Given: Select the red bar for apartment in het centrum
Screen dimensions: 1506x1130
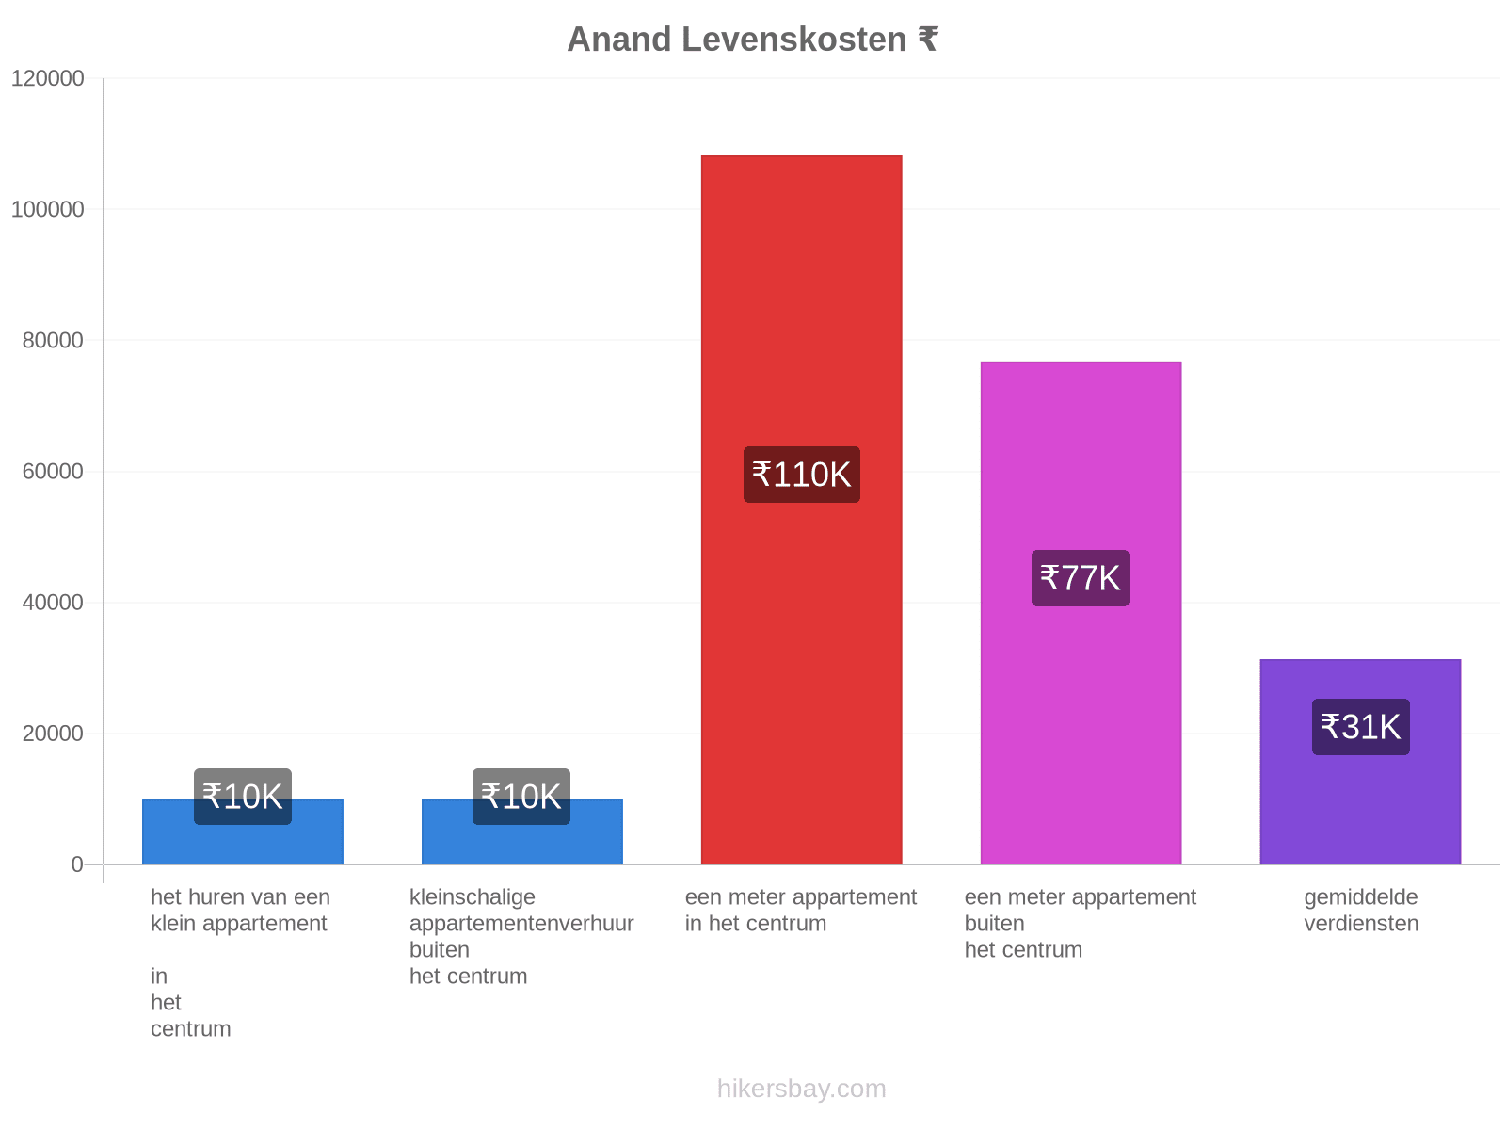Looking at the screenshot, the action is point(800,508).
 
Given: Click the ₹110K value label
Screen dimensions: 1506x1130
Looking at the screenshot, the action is point(801,474).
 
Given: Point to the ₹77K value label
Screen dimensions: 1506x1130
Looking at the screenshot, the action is point(1080,577).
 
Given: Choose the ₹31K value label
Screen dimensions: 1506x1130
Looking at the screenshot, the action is point(1359,726).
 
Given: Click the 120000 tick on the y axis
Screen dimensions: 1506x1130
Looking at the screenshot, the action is point(47,78).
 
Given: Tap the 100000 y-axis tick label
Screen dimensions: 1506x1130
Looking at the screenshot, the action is point(47,209).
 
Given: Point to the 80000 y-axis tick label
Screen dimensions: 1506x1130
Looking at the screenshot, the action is point(53,340).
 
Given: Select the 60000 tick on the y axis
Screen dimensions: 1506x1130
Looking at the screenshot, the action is point(53,472).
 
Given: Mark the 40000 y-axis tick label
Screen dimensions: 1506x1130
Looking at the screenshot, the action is point(53,603).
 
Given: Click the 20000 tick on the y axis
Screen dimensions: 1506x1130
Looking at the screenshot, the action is point(53,734).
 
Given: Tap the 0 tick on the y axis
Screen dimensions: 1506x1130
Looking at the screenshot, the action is point(77,864).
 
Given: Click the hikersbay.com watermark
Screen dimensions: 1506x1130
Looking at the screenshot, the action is point(801,1088).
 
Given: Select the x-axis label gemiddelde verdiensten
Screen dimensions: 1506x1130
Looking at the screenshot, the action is point(1360,910).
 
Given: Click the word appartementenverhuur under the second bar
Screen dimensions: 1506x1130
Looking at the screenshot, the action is point(521,924).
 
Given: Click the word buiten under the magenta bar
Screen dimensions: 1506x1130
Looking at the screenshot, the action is point(993,923).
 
